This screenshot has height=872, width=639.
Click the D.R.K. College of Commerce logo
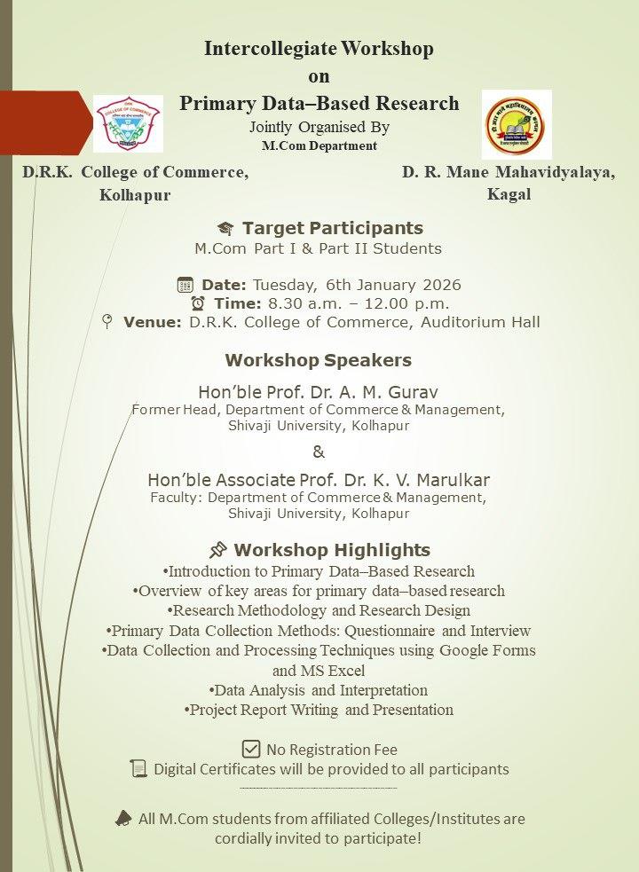[129, 123]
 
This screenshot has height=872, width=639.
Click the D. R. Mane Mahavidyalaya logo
[516, 124]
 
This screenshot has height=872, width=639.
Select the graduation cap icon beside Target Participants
[225, 229]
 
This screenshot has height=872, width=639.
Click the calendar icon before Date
[185, 285]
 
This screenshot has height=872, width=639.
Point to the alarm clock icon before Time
[197, 303]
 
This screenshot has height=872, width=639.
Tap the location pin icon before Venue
[107, 322]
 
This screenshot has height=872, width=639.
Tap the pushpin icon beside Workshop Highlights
[217, 549]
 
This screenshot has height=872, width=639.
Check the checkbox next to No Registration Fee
[251, 748]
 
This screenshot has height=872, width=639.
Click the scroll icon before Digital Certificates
[138, 768]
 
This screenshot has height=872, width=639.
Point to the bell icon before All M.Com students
[123, 818]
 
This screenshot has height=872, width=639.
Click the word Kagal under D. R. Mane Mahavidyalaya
[509, 194]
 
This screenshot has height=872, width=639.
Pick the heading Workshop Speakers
[318, 361]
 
